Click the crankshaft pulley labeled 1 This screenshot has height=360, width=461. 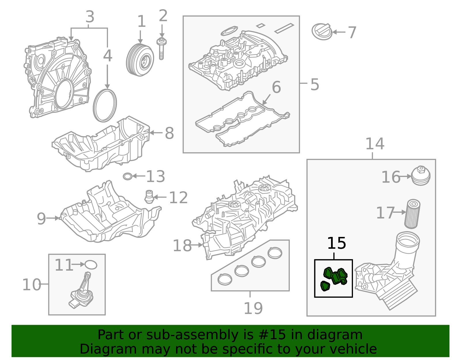coord(140,60)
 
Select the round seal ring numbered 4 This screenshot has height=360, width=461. coord(105,105)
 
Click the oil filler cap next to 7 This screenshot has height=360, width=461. coord(322,31)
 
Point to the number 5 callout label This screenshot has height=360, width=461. coord(315,84)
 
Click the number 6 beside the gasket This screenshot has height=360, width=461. coord(276,87)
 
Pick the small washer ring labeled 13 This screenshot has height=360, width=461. coord(127,176)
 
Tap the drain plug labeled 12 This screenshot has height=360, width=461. coord(149,197)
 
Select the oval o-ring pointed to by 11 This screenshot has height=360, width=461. coord(91,265)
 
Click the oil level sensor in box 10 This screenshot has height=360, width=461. coord(82,291)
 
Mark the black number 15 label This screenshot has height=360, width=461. coord(337,243)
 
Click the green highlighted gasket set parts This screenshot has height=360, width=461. coord(334,278)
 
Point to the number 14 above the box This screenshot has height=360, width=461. coord(375,144)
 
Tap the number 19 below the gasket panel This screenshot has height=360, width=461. coord(253,308)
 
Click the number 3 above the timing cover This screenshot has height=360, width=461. coord(90,17)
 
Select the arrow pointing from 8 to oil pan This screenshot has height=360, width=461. coord(156,133)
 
